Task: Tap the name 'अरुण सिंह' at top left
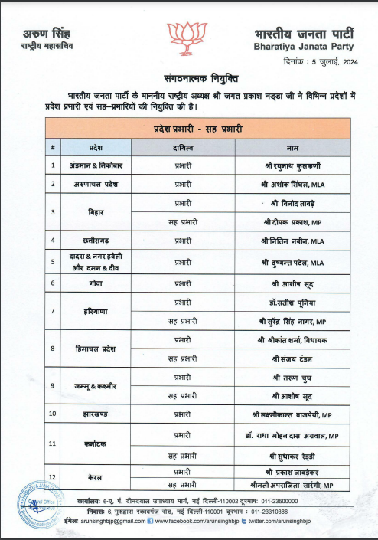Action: [45, 33]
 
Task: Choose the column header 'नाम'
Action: [293, 145]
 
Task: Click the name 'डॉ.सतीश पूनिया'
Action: [293, 303]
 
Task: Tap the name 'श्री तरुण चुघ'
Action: [293, 377]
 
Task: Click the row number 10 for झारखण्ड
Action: [53, 414]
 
